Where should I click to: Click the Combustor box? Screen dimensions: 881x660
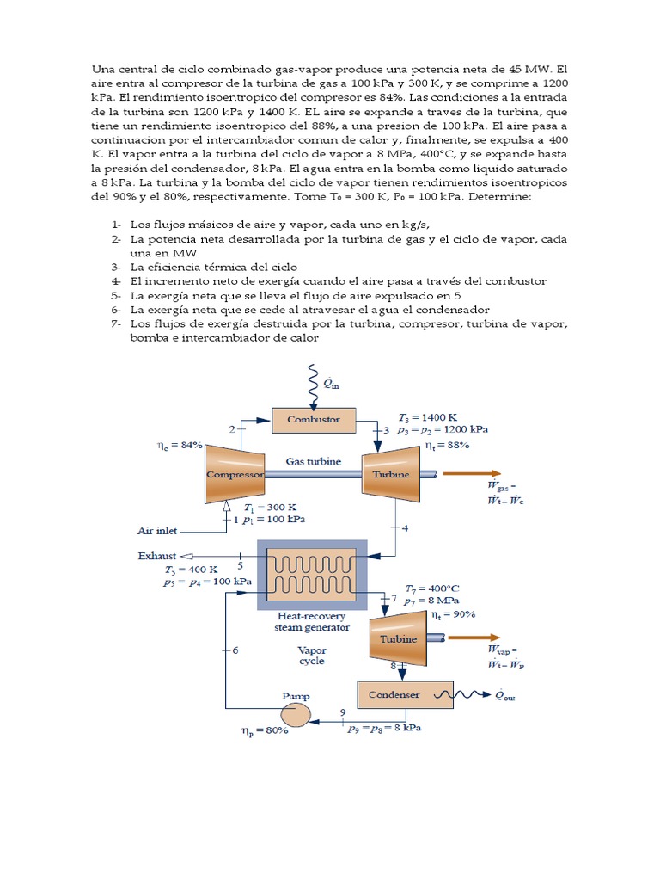click(313, 420)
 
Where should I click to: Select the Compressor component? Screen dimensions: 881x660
click(233, 474)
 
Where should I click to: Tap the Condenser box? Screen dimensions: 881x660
click(394, 694)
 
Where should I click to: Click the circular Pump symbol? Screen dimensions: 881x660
click(296, 712)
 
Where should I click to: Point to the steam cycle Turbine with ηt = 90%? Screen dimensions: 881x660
click(398, 638)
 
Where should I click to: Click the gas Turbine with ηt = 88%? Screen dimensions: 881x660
click(391, 474)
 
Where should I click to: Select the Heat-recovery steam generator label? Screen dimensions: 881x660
click(311, 621)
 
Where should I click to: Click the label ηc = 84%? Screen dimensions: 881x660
click(180, 446)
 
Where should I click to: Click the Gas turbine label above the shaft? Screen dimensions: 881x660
click(313, 461)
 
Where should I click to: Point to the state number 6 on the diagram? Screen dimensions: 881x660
click(235, 650)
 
